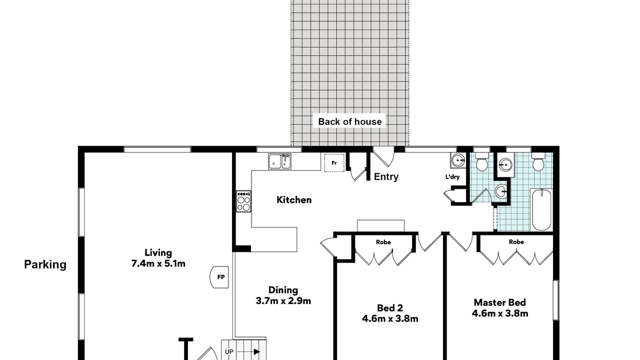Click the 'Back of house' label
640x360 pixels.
pos(349,121)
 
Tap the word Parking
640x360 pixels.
pos(45,264)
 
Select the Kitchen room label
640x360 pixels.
pos(294,199)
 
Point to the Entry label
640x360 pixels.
pos(386,176)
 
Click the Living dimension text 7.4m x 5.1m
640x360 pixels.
pos(158,263)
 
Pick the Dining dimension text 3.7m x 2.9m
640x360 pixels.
pos(283,301)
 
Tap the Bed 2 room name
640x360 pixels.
pos(390,307)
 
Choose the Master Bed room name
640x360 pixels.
pos(499,302)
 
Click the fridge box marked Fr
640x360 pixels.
pos(334,162)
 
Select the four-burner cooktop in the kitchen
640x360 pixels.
pos(243,201)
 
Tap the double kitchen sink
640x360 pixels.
pos(279,161)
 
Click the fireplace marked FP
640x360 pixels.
pos(219,277)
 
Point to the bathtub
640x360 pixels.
pos(541,209)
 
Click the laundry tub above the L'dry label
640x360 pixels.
pos(458,160)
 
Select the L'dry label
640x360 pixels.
pos(452,177)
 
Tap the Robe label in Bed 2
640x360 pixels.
pos(383,242)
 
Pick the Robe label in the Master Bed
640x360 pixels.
pos(516,242)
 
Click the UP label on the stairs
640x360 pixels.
pos(229,351)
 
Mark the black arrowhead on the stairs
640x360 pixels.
pos(257,351)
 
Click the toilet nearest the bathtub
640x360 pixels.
pos(538,162)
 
